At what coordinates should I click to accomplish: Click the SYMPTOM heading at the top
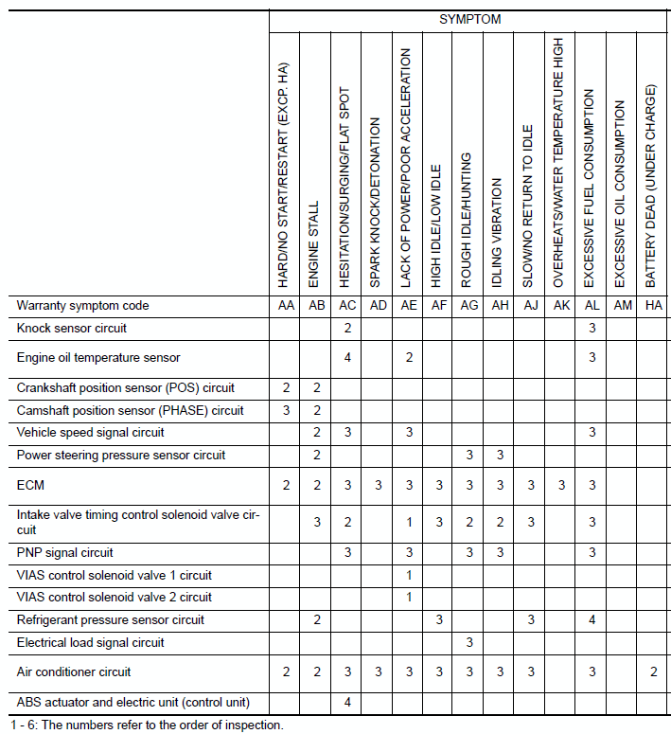coord(469,19)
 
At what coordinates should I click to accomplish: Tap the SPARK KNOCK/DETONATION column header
coord(376,203)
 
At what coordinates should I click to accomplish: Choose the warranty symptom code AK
coord(560,306)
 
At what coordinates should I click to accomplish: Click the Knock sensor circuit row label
coord(72,328)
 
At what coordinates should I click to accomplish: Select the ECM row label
coord(31,485)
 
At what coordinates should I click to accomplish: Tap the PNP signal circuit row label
coord(64,552)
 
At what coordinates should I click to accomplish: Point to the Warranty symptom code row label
coord(83,306)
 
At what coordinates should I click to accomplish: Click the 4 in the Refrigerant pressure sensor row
coord(591,620)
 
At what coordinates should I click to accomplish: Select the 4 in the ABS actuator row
coord(347,702)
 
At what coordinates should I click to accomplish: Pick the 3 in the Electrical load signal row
coord(468,643)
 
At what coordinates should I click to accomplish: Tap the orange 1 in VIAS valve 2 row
coord(408,598)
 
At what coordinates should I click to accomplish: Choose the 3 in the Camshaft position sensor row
coord(286,410)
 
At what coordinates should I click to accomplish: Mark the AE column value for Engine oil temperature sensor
coord(408,357)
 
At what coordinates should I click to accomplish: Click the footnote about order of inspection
coord(142,725)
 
